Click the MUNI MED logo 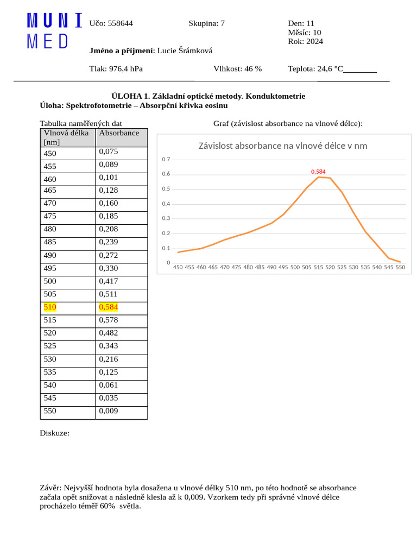point(54,31)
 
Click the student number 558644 point(121,23)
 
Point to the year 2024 point(313,41)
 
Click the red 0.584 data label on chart point(318,172)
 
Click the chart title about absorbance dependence point(282,146)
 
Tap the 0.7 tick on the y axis point(166,160)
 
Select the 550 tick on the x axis point(400,267)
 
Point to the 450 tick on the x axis point(178,267)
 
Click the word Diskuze point(54,433)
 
